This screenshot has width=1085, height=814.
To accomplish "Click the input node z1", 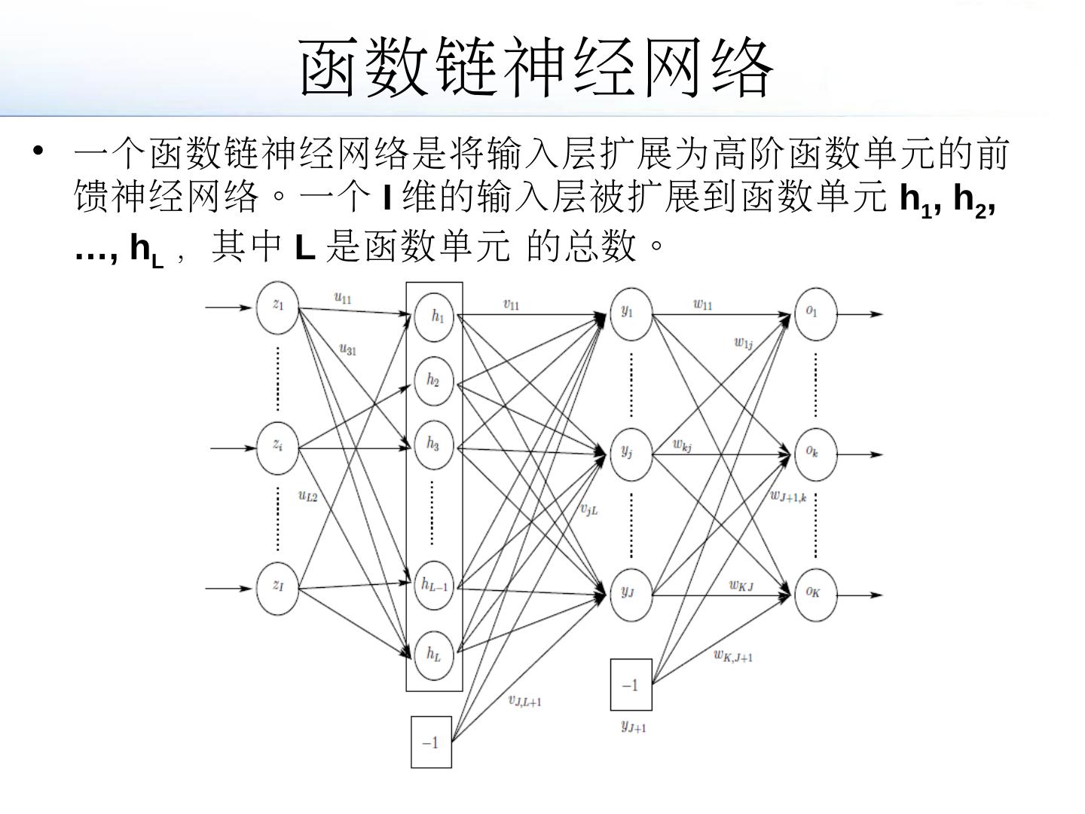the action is [x=278, y=306].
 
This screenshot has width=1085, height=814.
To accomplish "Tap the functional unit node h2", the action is [x=434, y=380].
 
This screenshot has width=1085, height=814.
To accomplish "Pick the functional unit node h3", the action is [x=434, y=443].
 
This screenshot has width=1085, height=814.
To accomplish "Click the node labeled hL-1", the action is [x=434, y=585].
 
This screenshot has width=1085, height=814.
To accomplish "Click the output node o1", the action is [x=815, y=312].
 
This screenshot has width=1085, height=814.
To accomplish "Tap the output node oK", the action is [x=815, y=594].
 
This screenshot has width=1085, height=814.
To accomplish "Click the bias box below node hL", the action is [x=431, y=742].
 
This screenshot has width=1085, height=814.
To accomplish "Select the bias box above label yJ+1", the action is [x=631, y=684].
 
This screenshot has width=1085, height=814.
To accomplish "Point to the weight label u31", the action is [x=347, y=349].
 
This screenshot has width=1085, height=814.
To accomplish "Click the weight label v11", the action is [x=511, y=304].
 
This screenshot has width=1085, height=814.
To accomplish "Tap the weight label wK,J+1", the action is [x=733, y=656].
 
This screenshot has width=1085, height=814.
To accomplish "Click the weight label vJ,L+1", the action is [x=525, y=701].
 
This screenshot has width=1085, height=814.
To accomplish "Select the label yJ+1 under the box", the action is [x=633, y=727].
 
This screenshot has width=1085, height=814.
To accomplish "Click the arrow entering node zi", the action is [x=234, y=448].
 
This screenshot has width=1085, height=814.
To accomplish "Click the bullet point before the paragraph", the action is [x=38, y=150].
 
